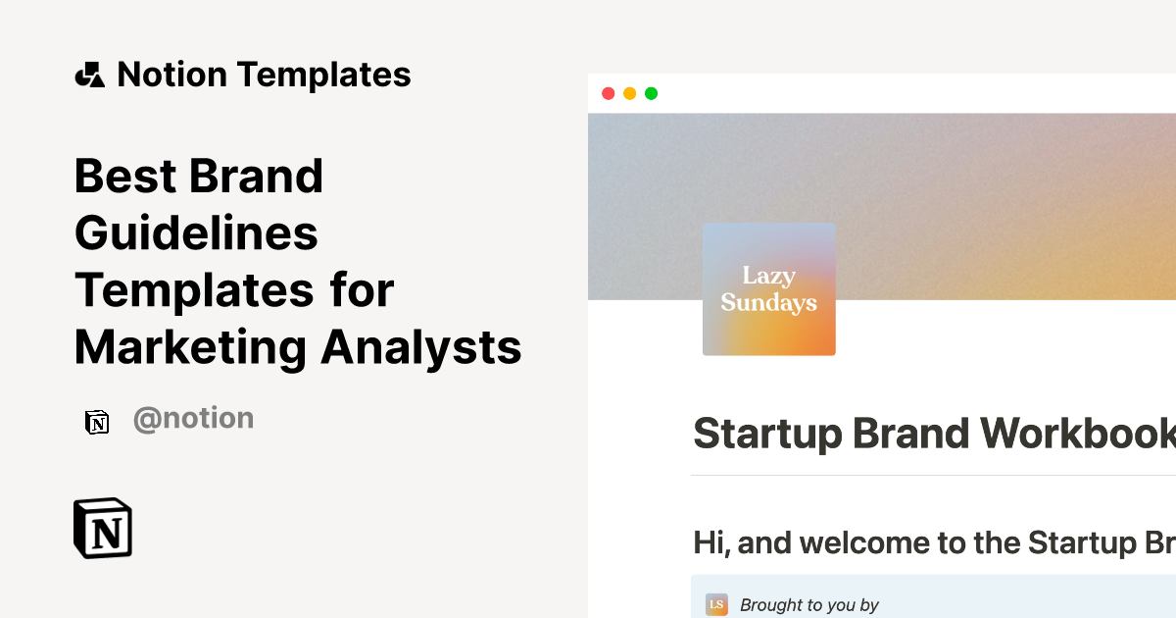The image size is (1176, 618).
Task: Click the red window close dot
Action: (x=608, y=93)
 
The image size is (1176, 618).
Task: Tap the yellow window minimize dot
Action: (x=629, y=93)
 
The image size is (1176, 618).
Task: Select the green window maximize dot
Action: (x=651, y=93)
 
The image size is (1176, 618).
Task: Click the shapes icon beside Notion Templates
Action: (x=89, y=75)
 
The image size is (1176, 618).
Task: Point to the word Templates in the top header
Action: (x=323, y=75)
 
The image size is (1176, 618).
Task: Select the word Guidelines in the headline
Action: (x=196, y=233)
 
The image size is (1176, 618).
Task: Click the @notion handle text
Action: (x=193, y=419)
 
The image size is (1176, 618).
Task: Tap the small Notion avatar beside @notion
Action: (x=97, y=422)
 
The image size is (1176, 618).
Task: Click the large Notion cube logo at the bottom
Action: (x=103, y=529)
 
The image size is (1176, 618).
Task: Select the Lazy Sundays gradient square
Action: (x=769, y=289)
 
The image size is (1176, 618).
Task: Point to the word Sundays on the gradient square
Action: (x=769, y=303)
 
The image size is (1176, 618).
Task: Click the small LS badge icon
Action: (x=716, y=604)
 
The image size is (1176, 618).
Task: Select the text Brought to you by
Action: (x=809, y=605)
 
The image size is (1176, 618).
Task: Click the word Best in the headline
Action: (x=125, y=177)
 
